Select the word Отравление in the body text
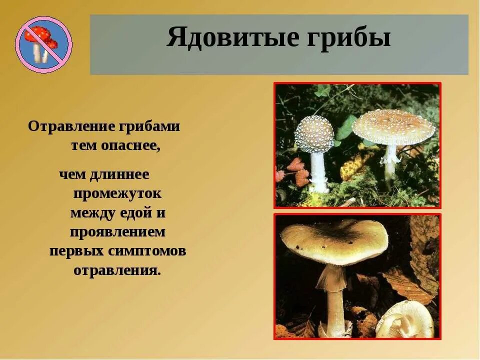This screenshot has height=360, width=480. [x=71, y=126]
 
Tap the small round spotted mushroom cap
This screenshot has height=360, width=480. [x=314, y=133]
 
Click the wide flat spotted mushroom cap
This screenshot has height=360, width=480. [x=393, y=127]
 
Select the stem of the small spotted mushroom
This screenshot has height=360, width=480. [x=318, y=170]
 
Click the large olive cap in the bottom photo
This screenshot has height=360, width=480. [x=334, y=240]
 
